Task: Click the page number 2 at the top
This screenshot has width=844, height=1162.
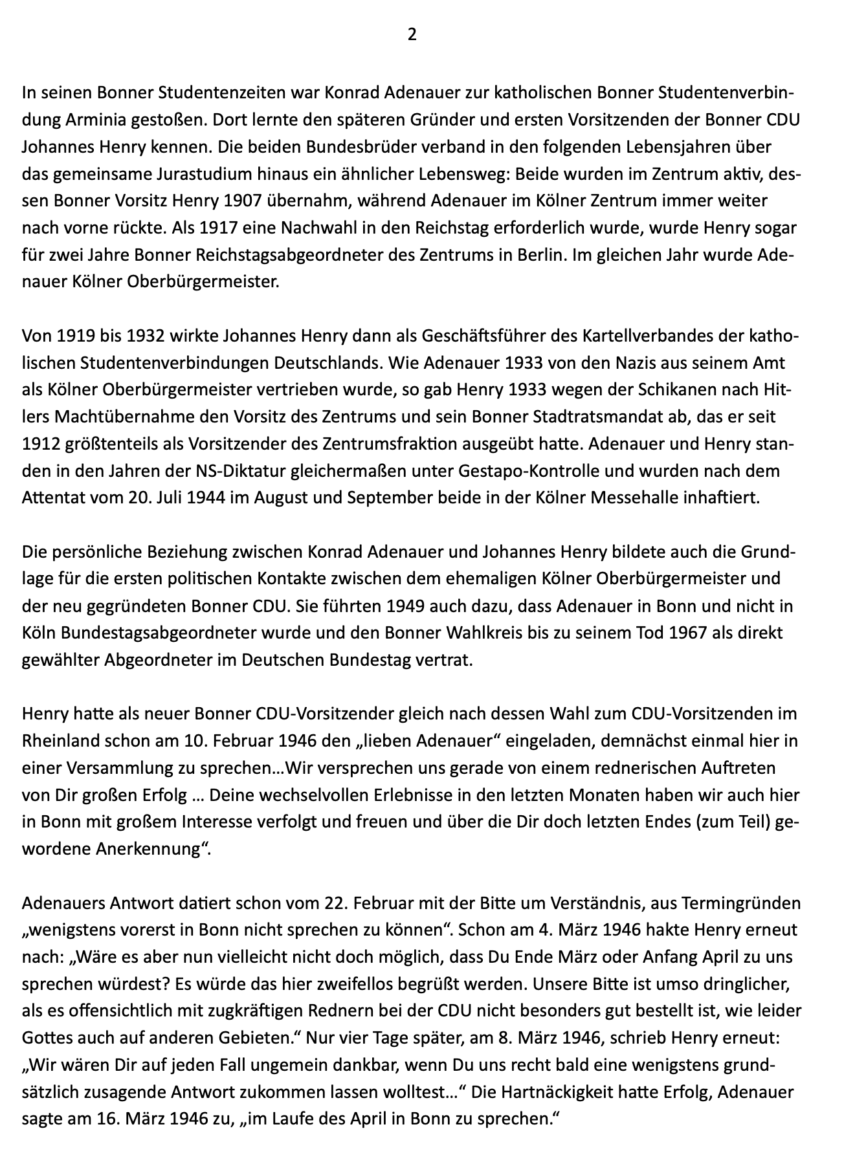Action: [412, 35]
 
